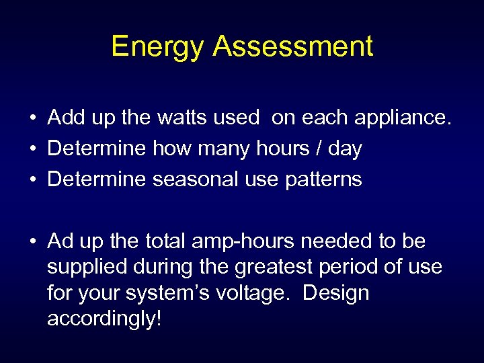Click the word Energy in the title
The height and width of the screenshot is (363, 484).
[157, 47]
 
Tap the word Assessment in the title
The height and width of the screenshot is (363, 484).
[293, 47]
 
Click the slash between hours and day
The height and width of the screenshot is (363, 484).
[316, 149]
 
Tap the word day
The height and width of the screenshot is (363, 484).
[345, 149]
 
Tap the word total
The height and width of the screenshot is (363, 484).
[163, 241]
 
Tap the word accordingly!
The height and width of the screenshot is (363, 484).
[104, 319]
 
